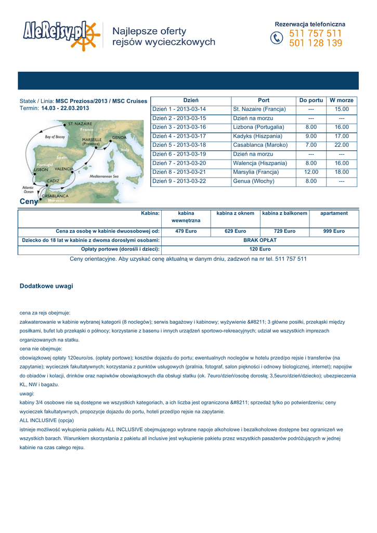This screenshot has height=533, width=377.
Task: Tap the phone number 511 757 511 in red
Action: pos(315,33)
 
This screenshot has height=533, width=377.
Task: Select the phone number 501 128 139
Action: pos(315,43)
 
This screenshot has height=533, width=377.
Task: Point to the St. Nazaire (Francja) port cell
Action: pos(259,109)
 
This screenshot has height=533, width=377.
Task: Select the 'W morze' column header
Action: pos(342,100)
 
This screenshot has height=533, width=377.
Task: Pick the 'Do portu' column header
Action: pos(311,100)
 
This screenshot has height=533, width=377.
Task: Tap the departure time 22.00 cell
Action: pos(342,145)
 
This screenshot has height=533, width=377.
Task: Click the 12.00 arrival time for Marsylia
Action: pos(311,172)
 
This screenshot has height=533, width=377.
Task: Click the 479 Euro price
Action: pos(186,231)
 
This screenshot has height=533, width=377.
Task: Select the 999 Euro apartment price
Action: pos(334,231)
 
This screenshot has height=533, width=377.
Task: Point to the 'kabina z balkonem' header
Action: pos(284,213)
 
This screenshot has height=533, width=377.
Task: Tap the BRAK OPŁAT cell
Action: pos(260,240)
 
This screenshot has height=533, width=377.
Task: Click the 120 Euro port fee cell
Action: pos(260,250)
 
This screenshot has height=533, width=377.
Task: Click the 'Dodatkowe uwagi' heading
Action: pos(46,286)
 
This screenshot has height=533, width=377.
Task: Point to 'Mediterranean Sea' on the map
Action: pos(105,176)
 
